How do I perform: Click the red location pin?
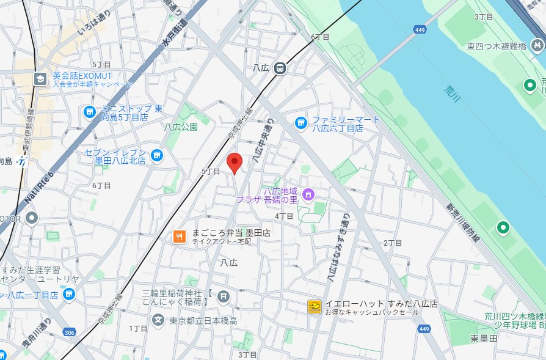235,163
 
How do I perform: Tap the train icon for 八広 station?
280,68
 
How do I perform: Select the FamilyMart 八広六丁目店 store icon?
300,123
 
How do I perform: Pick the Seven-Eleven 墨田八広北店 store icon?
157,156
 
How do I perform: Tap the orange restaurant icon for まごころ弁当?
179,237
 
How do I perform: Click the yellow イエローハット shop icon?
315,307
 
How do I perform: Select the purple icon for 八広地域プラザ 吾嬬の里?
308,194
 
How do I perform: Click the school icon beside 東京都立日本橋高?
158,320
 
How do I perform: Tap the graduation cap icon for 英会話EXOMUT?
40,79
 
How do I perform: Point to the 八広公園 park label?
181,127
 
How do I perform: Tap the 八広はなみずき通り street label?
338,248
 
